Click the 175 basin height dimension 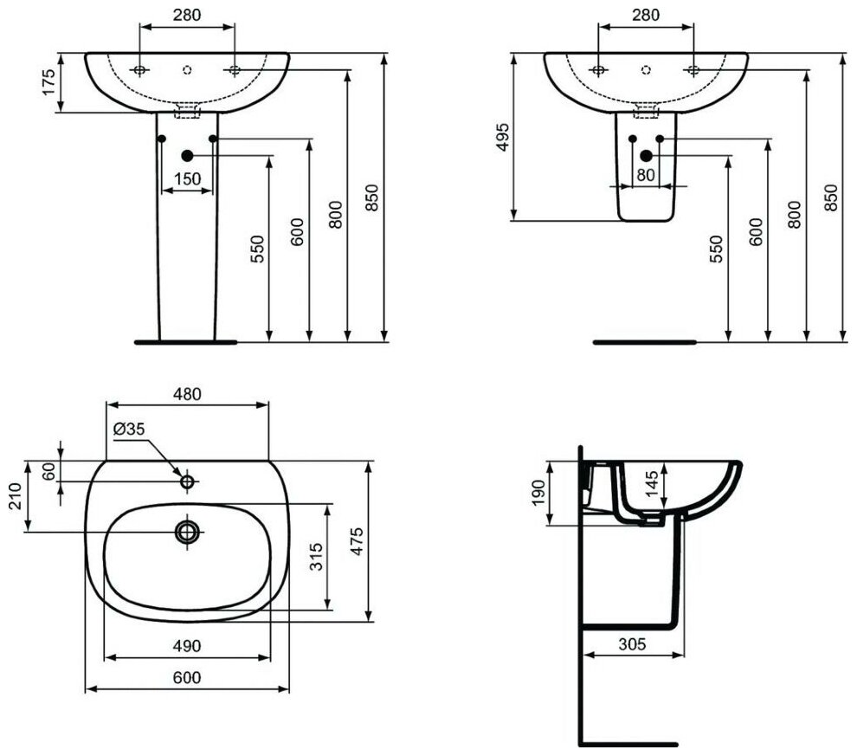point(48,82)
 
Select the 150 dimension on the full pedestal point(187,179)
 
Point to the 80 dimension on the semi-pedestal point(646,174)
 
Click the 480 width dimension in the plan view point(187,393)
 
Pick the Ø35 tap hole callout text point(130,429)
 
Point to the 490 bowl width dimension point(187,645)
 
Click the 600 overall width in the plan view point(187,678)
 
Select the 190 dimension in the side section point(537,493)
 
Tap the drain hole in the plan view point(187,532)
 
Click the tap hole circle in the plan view point(187,481)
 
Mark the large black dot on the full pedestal point(187,155)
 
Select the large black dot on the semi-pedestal point(646,156)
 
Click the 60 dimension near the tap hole point(48,472)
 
